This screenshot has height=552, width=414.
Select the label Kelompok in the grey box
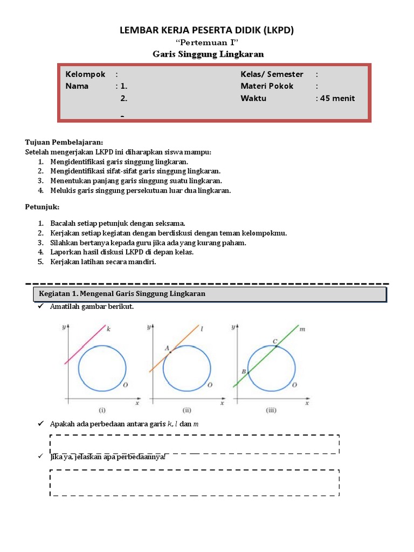click(85, 74)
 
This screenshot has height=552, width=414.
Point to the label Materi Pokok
click(267, 86)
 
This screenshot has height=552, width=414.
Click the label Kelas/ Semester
click(272, 74)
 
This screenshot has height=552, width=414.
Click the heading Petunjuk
click(43, 207)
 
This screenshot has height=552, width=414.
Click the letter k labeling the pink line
click(108, 328)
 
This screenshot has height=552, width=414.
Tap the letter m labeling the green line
click(302, 329)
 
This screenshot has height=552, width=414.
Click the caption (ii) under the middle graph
click(188, 410)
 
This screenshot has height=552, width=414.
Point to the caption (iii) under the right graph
click(272, 410)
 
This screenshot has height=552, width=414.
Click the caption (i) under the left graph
click(102, 410)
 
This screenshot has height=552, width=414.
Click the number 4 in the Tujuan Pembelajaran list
click(40, 191)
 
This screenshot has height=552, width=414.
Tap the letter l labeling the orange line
click(201, 328)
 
